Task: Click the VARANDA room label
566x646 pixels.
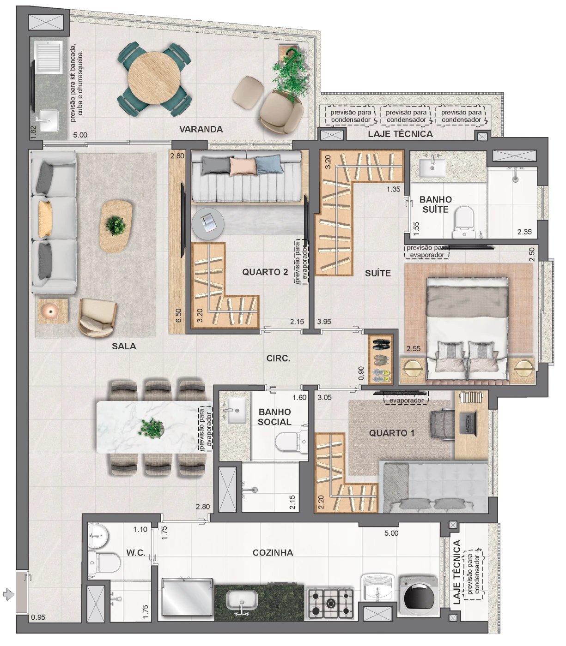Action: pyautogui.click(x=201, y=129)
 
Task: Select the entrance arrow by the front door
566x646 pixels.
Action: pyautogui.click(x=8, y=595)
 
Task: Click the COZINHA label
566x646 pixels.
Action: pyautogui.click(x=273, y=552)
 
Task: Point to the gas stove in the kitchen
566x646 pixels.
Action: pyautogui.click(x=331, y=604)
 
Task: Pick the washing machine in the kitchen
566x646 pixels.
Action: pyautogui.click(x=418, y=596)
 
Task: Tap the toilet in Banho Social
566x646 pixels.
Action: pyautogui.click(x=292, y=442)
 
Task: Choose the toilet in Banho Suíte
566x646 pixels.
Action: pyautogui.click(x=464, y=222)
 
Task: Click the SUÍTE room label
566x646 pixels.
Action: pyautogui.click(x=377, y=273)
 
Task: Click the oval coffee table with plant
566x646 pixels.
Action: pyautogui.click(x=116, y=227)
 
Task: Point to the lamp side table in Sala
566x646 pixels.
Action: pyautogui.click(x=53, y=311)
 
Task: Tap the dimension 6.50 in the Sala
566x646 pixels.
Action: pyautogui.click(x=178, y=315)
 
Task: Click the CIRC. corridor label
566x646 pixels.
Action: pyautogui.click(x=278, y=359)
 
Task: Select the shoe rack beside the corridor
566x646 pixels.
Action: pyautogui.click(x=381, y=359)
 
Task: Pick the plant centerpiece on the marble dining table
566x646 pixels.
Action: pyautogui.click(x=152, y=428)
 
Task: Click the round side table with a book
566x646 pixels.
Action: pyautogui.click(x=208, y=223)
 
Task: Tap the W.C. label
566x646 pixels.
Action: pyautogui.click(x=136, y=552)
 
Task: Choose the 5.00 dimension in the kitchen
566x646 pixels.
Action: pyautogui.click(x=391, y=533)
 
